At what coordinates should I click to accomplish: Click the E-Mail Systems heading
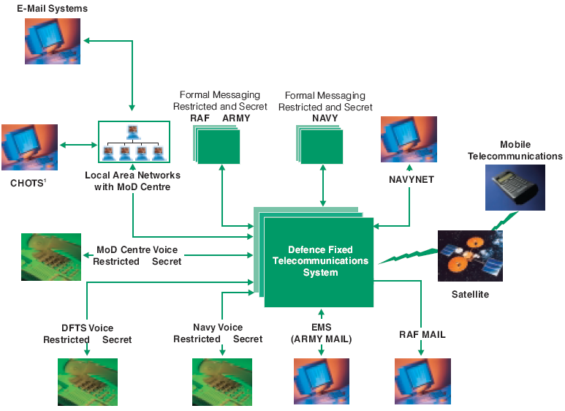pos(52,9)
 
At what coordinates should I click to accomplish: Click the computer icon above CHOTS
pos(29,146)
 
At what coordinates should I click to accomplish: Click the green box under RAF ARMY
pos(219,146)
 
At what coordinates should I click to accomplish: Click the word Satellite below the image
pos(469,294)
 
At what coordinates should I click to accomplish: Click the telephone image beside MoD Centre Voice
pos(50,257)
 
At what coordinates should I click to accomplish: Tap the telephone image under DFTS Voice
pos(88,382)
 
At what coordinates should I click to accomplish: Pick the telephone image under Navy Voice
pos(221,382)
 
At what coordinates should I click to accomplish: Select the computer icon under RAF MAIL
pos(422,381)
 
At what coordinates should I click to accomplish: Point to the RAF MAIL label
pos(422,335)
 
